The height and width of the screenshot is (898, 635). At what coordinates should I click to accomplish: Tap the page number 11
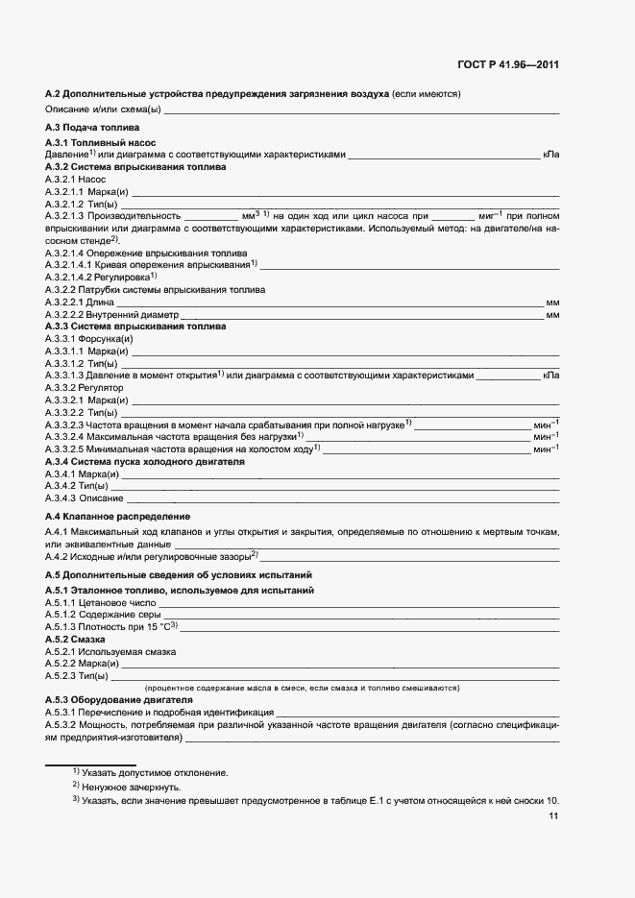pos(553,817)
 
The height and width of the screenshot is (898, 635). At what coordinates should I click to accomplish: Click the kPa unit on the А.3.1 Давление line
pos(550,154)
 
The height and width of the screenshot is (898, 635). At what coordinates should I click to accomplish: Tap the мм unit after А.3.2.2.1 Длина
pos(552,302)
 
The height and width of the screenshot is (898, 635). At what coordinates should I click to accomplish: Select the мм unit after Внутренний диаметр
pos(552,314)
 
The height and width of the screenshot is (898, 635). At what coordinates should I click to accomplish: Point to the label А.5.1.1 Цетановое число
pos(94,602)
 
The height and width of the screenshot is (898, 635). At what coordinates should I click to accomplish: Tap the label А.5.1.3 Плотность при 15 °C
pos(111,627)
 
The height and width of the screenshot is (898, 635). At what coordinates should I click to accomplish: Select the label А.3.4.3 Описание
pos(85,498)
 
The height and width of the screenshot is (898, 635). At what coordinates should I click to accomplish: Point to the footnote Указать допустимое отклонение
pos(155,772)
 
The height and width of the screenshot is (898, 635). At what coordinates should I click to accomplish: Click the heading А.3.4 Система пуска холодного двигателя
pos(145,462)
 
